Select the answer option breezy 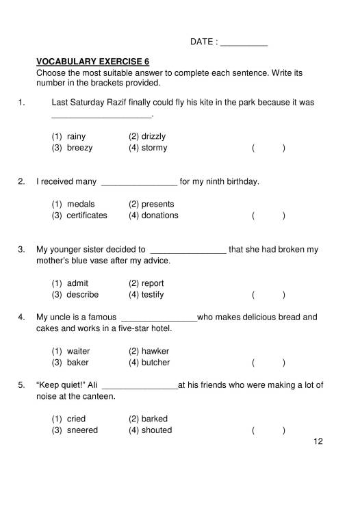tap(79, 148)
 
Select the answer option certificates tap(86, 216)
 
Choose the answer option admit tap(77, 283)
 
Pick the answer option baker tap(77, 363)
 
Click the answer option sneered tap(82, 430)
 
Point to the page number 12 tap(317, 441)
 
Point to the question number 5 tap(21, 385)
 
